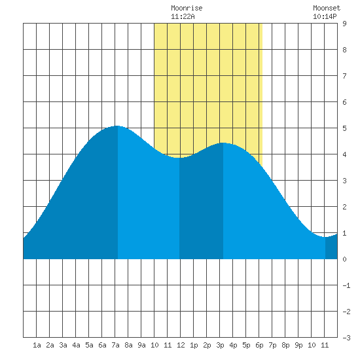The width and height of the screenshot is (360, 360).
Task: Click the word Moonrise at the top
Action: click(187, 8)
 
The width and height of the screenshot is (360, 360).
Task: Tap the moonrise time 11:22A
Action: click(183, 16)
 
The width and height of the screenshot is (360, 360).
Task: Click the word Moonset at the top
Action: click(327, 8)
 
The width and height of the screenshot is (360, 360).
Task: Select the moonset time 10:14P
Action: click(325, 16)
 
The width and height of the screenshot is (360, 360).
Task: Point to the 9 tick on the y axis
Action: click(344, 24)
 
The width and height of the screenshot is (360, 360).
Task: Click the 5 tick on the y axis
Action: click(344, 128)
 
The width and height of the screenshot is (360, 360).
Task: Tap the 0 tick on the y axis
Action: click(344, 259)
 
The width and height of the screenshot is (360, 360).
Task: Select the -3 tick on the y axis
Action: click(346, 338)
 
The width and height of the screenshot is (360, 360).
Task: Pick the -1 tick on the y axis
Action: click(346, 285)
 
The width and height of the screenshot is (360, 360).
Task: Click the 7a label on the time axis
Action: click(115, 345)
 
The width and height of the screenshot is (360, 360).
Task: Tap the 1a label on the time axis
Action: click(37, 345)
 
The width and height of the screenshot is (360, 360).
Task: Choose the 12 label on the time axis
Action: click(181, 345)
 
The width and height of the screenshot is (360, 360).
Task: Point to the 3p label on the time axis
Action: click(220, 345)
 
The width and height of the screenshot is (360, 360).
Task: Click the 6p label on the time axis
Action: click(259, 345)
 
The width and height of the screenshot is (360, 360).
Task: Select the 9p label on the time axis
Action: click(298, 345)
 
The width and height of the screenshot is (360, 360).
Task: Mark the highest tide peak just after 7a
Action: click(117, 126)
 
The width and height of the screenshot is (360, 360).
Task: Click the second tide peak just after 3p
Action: click(223, 143)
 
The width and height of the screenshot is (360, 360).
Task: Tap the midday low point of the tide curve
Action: click(179, 158)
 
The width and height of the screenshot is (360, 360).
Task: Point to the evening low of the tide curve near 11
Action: click(325, 237)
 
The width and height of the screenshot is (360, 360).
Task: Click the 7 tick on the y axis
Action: click(344, 76)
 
